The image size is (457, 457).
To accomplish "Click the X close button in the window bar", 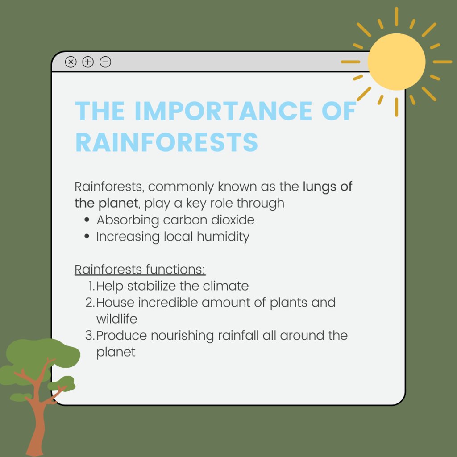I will click(x=71, y=62).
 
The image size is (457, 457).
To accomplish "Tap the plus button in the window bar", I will click(x=88, y=62).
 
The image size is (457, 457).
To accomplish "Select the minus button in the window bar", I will click(x=105, y=62).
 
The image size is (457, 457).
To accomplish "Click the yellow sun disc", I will click(x=396, y=62).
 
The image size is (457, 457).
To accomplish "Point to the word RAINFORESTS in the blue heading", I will click(x=166, y=142).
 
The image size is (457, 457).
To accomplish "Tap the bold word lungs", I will click(x=320, y=187).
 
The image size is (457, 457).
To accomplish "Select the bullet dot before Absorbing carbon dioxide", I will click(x=87, y=220).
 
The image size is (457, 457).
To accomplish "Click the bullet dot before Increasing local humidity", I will click(x=87, y=237).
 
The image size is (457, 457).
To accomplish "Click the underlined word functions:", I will click(x=175, y=270).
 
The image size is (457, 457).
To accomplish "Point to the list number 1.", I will click(x=91, y=286).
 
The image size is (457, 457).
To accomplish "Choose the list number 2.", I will click(x=90, y=303).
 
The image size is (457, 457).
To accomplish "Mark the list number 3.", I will click(x=90, y=336).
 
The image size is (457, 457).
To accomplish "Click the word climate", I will click(x=225, y=286).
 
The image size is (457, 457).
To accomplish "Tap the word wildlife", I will click(x=116, y=319).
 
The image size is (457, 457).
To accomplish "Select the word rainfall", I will click(x=238, y=336).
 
